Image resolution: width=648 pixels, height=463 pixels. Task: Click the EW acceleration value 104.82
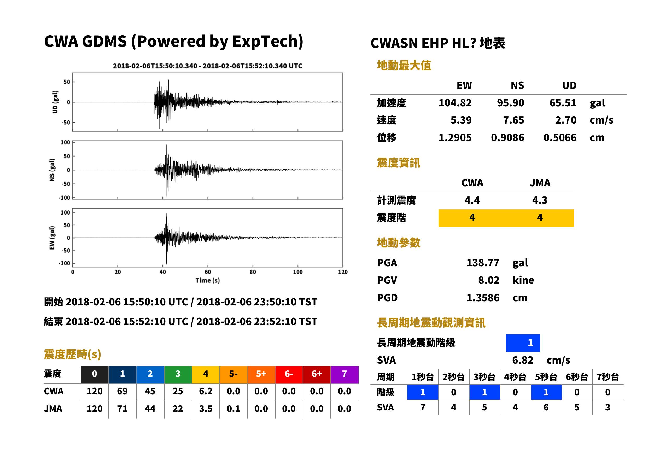pos(455,103)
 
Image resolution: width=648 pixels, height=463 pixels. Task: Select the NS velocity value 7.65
pos(513,120)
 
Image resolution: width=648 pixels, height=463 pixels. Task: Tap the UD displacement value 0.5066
pos(560,138)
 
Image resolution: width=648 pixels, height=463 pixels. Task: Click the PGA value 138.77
pos(483,263)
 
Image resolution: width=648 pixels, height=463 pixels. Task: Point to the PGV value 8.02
pos(489,280)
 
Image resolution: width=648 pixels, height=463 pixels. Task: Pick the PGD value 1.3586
pos(483,298)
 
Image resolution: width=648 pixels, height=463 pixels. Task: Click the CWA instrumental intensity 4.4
pos(472,200)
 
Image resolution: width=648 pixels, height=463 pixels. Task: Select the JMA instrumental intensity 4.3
pos(540,200)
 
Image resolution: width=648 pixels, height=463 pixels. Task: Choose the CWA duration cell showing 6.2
pos(206,391)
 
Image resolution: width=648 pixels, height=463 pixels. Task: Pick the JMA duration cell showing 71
pos(122,409)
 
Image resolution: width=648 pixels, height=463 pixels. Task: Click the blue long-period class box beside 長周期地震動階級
pos(523,343)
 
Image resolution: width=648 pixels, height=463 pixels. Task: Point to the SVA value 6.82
pos(523,360)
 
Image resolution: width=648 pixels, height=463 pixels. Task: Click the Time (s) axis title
pos(207,281)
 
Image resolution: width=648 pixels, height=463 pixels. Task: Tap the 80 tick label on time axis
pos(253,272)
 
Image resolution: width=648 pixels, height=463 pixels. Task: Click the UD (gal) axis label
pos(55,102)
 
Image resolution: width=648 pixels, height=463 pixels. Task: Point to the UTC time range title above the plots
pos(207,66)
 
